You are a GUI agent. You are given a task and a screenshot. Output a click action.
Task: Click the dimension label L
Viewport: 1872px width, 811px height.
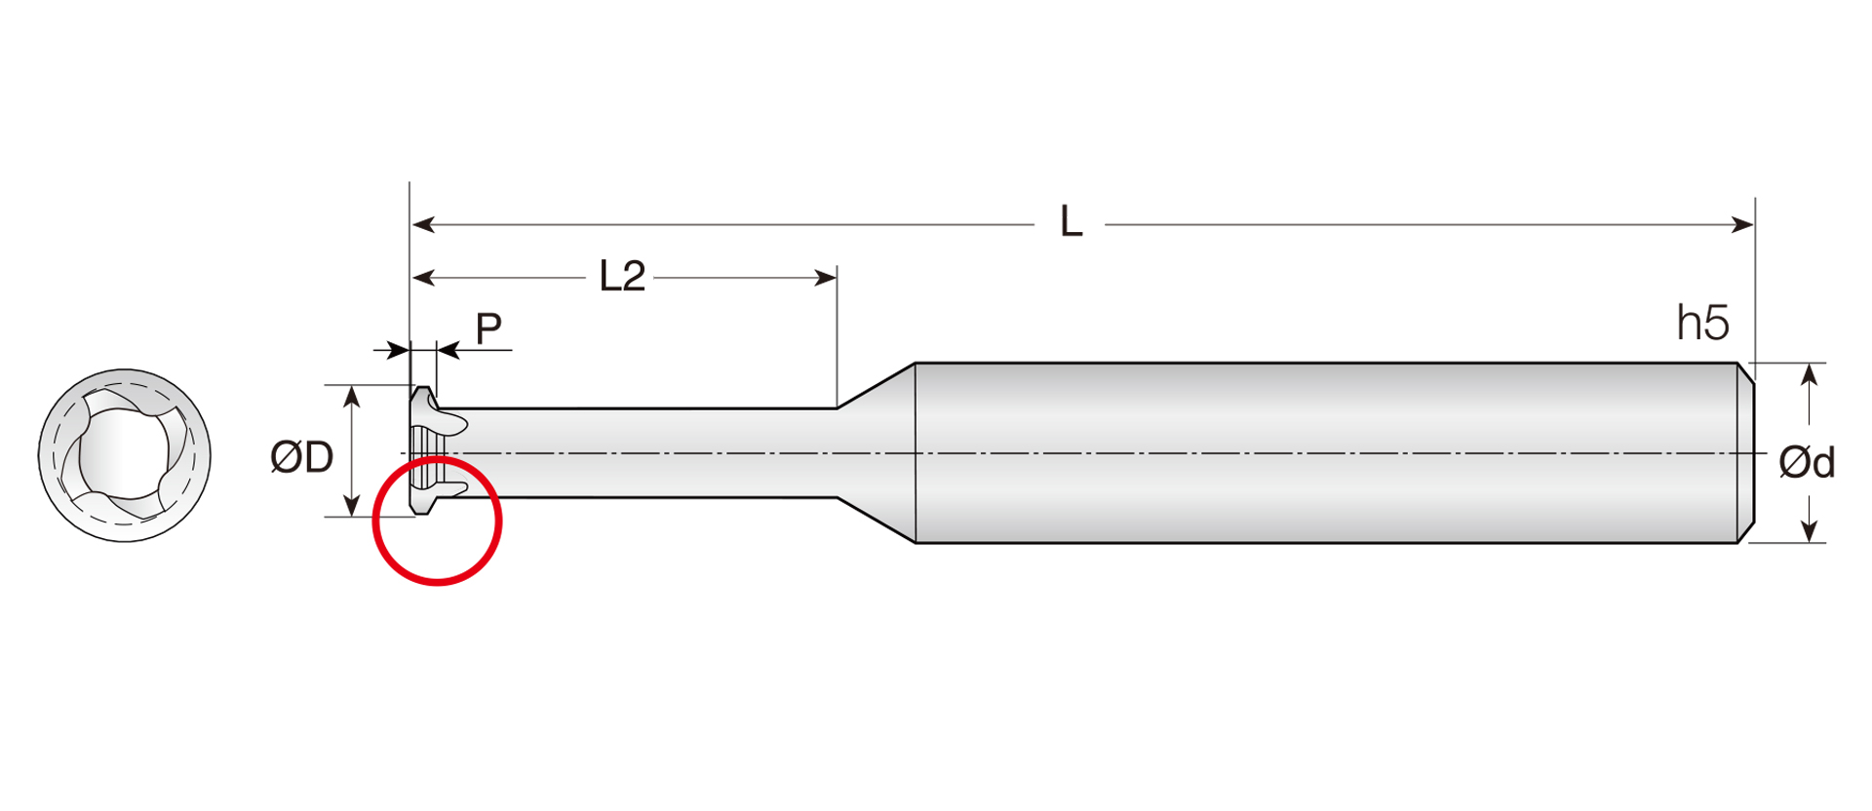tap(1071, 223)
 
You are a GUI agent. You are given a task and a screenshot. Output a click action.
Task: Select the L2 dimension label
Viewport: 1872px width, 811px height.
tap(622, 277)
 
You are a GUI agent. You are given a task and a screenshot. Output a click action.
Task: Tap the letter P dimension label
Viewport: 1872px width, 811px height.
tap(488, 328)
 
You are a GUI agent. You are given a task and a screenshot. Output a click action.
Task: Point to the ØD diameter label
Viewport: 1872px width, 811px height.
tap(301, 457)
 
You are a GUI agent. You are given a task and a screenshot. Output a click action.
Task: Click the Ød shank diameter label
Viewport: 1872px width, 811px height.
tap(1807, 462)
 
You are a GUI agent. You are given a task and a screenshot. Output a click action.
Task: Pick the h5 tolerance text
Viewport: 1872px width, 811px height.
tap(1702, 323)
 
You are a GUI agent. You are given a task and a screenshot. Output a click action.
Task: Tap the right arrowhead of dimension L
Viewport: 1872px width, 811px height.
tap(1742, 225)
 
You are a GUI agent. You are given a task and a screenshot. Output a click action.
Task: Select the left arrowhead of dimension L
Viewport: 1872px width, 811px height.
tap(423, 225)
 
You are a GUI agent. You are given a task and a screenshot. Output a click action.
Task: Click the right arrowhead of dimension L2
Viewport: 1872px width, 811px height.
tap(826, 278)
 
